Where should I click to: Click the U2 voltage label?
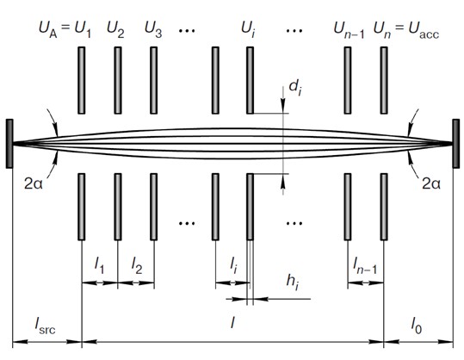click(x=115, y=30)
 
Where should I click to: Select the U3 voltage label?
click(x=153, y=30)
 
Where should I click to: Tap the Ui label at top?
click(x=248, y=30)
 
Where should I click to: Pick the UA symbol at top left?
click(x=48, y=30)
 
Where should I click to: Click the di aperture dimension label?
click(x=295, y=88)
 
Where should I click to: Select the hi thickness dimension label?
click(x=293, y=282)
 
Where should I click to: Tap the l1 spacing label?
click(x=99, y=265)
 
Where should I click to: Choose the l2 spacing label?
click(x=137, y=265)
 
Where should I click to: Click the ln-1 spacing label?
click(x=365, y=265)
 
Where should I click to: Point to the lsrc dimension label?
click(x=45, y=326)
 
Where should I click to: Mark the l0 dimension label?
click(x=417, y=326)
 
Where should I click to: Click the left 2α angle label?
click(x=34, y=184)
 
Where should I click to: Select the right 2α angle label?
click(x=431, y=184)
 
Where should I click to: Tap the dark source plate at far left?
click(x=9, y=144)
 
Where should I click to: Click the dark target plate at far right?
click(x=456, y=144)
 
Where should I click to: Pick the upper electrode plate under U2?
click(x=118, y=80)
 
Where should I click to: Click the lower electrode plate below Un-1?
click(x=348, y=207)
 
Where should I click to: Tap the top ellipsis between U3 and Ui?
click(x=187, y=30)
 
